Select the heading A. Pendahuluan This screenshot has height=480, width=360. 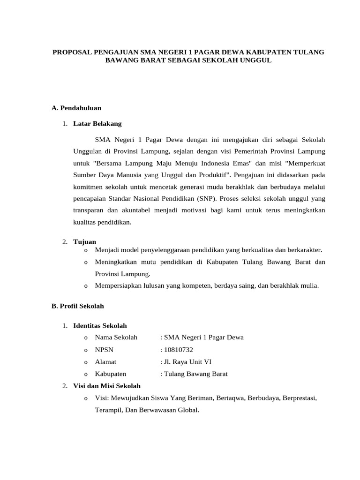tap(76, 108)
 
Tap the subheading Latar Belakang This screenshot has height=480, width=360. tap(97, 124)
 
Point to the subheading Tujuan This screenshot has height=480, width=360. tap(85, 241)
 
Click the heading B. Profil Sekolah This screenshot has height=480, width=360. tap(77, 306)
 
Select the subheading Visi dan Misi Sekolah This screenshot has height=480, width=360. tap(107, 386)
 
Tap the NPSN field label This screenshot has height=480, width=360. tap(104, 350)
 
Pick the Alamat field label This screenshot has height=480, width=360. tap(105, 362)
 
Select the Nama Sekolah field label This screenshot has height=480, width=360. tap(116, 337)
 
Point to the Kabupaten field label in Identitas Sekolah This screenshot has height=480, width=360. tap(110, 374)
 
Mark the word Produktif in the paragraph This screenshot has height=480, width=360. tap(211, 176)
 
